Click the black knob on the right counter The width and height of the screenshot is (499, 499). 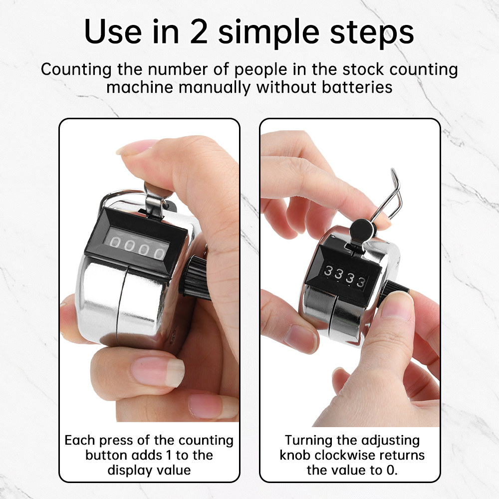pyautogui.click(x=394, y=291)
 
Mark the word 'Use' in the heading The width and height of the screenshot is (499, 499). pyautogui.click(x=111, y=31)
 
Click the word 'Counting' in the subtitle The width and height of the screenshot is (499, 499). pyautogui.click(x=74, y=69)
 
